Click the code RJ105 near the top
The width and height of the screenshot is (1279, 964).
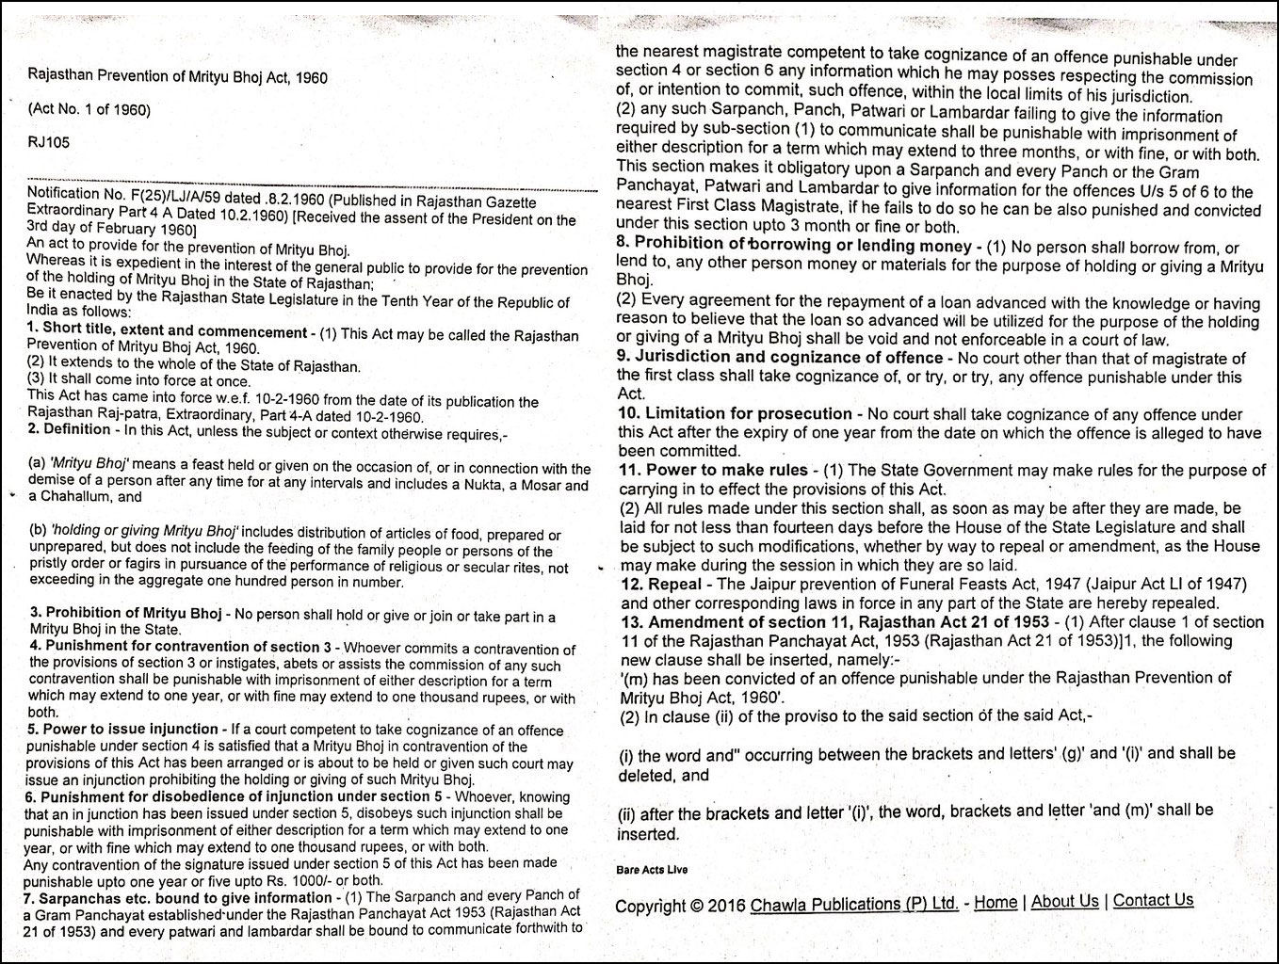[49, 142]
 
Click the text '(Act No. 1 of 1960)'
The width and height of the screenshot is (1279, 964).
[89, 109]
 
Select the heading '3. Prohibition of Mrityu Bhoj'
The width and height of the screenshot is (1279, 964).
[125, 614]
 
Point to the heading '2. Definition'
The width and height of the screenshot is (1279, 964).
[69, 429]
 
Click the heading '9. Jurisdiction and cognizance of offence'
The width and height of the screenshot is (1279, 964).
[779, 358]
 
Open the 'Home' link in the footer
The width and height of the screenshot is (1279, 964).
[995, 902]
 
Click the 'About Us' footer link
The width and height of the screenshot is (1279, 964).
[1064, 901]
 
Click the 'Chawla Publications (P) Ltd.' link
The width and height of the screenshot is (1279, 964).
[853, 904]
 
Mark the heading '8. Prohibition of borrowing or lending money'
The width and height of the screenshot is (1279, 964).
[793, 247]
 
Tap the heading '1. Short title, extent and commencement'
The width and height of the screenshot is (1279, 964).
[167, 332]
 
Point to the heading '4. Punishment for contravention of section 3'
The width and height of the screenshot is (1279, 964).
[179, 647]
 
